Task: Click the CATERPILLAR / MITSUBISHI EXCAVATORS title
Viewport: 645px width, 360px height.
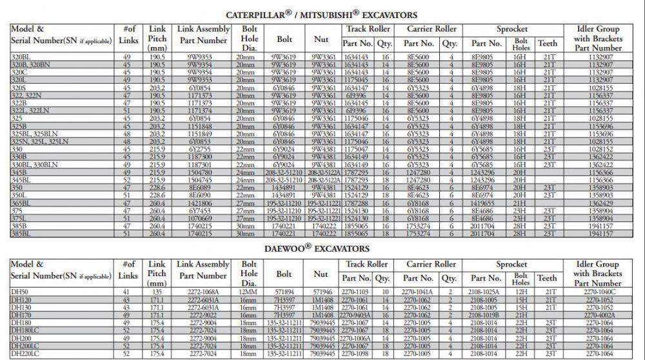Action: pos(321,14)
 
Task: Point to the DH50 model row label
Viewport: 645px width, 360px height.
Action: pos(19,292)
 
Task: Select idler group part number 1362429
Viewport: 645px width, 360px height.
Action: pos(597,203)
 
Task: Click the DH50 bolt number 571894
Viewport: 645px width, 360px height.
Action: pos(284,292)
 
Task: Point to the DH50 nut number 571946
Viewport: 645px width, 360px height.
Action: pos(321,292)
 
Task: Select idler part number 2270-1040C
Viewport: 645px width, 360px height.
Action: pos(597,292)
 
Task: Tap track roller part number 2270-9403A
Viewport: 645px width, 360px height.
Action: pos(357,315)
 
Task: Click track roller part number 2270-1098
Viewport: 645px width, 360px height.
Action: pos(357,354)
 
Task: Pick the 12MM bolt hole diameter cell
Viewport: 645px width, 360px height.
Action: pos(249,292)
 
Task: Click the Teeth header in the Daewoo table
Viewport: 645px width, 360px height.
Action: pos(547,278)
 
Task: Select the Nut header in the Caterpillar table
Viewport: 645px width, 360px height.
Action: pos(321,39)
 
